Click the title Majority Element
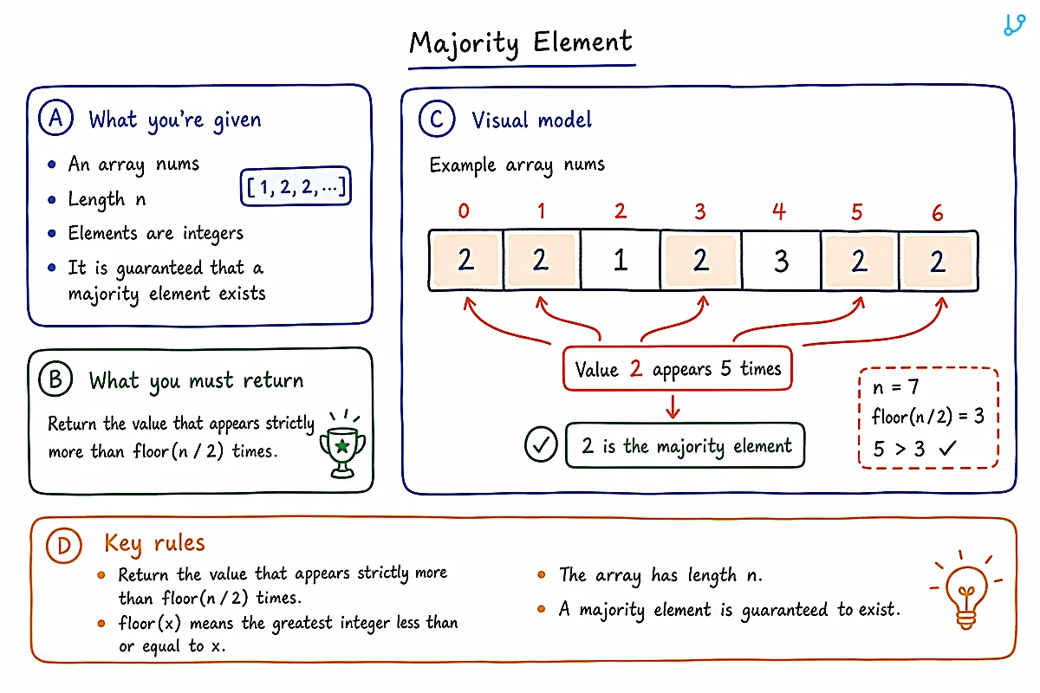click(521, 43)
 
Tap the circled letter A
click(55, 118)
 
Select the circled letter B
click(55, 379)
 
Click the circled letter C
click(437, 119)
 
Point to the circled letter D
click(64, 545)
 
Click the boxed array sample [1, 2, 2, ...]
click(296, 186)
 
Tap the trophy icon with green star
click(342, 444)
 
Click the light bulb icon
click(966, 591)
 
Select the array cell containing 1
click(621, 261)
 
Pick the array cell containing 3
click(782, 261)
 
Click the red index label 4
click(779, 211)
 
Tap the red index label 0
click(464, 211)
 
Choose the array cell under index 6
click(939, 261)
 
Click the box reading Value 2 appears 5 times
click(678, 368)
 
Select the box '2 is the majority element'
click(686, 445)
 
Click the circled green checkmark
click(541, 444)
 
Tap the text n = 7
click(895, 386)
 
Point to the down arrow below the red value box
click(673, 406)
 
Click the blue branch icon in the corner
click(1015, 24)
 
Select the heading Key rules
click(154, 543)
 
